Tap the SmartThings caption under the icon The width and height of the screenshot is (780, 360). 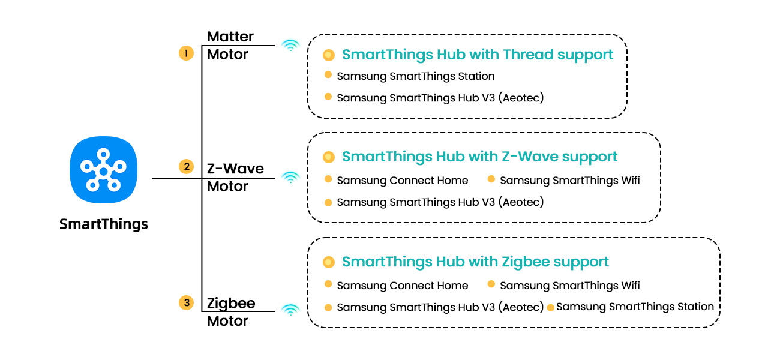pyautogui.click(x=104, y=224)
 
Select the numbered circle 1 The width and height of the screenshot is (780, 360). pyautogui.click(x=186, y=53)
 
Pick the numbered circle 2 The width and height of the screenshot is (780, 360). pyautogui.click(x=186, y=167)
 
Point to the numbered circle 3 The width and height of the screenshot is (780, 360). pyautogui.click(x=186, y=303)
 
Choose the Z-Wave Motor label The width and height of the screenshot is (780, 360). pyautogui.click(x=235, y=178)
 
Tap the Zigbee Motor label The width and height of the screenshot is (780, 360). pyautogui.click(x=231, y=312)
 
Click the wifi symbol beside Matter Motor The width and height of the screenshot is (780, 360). pyautogui.click(x=290, y=45)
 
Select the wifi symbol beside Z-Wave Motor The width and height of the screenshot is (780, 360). pyautogui.click(x=290, y=177)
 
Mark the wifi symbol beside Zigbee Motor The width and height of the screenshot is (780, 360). pyautogui.click(x=290, y=310)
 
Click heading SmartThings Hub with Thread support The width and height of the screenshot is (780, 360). pyautogui.click(x=478, y=55)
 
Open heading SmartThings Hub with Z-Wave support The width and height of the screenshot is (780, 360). pyautogui.click(x=479, y=157)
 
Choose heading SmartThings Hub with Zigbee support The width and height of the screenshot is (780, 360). pyautogui.click(x=475, y=262)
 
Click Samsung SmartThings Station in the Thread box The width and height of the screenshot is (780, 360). pyautogui.click(x=416, y=76)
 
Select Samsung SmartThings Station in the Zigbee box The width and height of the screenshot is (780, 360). pyautogui.click(x=635, y=307)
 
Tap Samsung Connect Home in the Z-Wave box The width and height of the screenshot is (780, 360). pyautogui.click(x=402, y=180)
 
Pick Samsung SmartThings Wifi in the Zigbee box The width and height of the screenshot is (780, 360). pyautogui.click(x=569, y=286)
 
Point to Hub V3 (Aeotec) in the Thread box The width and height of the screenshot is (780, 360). pyautogui.click(x=440, y=98)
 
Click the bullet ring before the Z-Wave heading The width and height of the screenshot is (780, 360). pyautogui.click(x=328, y=157)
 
